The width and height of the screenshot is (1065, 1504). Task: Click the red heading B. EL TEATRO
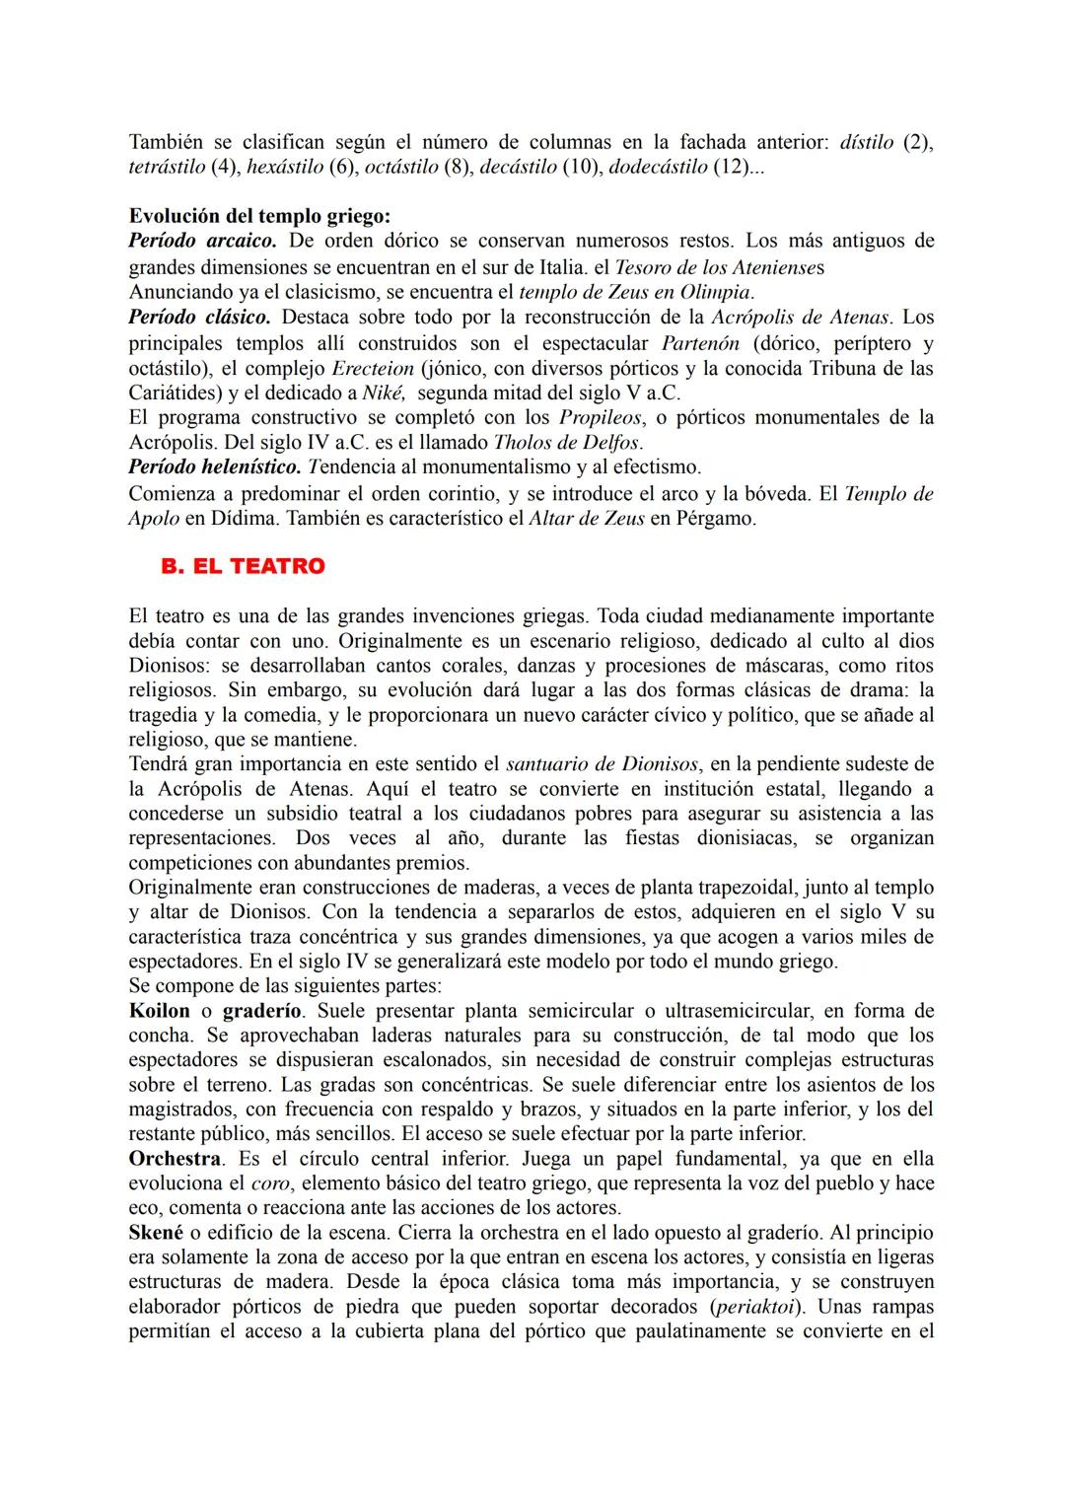pos(243,567)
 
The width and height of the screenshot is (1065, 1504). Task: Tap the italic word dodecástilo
pos(658,167)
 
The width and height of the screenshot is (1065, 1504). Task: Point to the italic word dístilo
pos(867,142)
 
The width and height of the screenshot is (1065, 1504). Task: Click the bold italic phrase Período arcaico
pos(202,241)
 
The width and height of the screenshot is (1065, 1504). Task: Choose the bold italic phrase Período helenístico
pos(214,466)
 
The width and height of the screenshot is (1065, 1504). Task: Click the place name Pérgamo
pos(715,518)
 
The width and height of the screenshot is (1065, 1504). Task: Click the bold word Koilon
pos(159,1011)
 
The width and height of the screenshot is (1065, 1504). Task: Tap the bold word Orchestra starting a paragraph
pos(174,1159)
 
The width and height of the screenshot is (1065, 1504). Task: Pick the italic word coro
pos(270,1183)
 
